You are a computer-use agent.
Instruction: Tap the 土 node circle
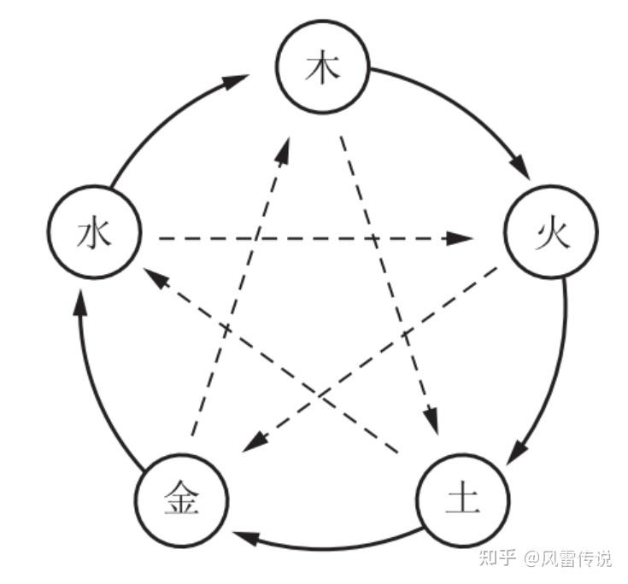[x=462, y=499]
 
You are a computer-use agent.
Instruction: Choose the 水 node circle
[x=95, y=234]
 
